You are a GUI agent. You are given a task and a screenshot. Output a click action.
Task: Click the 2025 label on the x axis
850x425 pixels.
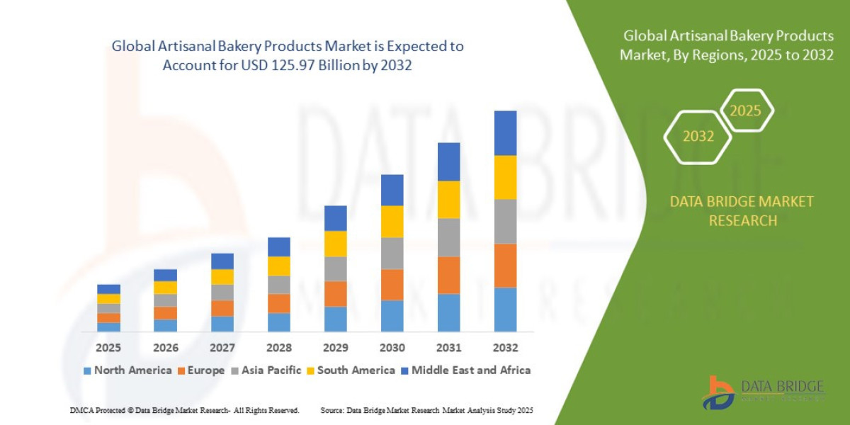point(108,348)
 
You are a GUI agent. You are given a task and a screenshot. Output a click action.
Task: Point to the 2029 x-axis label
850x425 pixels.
point(335,348)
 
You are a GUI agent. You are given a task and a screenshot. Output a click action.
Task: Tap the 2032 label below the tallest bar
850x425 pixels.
point(505,348)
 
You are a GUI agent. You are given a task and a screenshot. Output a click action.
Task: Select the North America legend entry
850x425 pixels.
point(127,370)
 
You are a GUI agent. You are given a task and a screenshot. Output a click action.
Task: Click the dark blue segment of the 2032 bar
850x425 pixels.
point(505,133)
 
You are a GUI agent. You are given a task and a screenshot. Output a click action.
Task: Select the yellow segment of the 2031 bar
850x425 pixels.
point(448,199)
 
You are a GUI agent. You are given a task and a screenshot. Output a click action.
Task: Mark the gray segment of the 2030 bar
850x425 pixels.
point(392,253)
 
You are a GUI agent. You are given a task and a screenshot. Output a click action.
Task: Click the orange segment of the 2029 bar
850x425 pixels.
point(335,293)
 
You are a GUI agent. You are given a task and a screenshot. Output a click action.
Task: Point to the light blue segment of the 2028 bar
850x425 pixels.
point(278,322)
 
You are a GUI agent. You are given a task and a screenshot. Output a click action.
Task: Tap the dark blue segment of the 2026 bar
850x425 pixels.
point(165,275)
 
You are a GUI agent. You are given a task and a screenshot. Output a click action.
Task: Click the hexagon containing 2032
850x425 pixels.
point(698,137)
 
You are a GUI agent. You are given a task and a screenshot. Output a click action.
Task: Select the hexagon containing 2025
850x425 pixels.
point(745,110)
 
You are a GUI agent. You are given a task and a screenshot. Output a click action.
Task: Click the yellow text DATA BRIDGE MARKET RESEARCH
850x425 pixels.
point(742,211)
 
